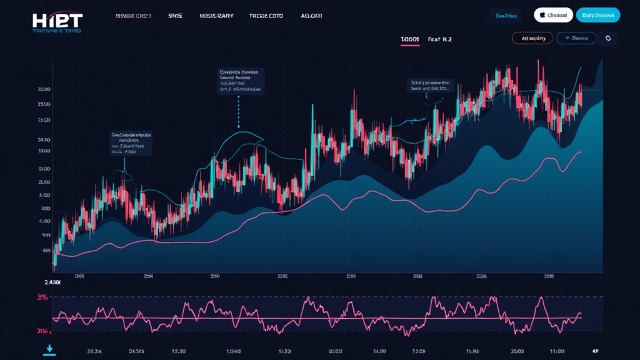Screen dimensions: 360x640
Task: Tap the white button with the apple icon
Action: (554, 15)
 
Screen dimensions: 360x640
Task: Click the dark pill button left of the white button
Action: (507, 15)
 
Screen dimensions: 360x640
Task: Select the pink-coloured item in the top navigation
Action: (133, 16)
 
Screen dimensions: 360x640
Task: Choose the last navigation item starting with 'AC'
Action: (311, 16)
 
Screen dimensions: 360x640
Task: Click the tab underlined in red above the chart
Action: (410, 39)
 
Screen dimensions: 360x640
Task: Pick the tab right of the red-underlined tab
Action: (440, 39)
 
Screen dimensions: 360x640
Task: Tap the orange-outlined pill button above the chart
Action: (532, 38)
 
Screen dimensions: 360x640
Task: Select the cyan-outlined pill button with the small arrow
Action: (576, 38)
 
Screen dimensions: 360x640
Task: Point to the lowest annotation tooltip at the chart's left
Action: (131, 143)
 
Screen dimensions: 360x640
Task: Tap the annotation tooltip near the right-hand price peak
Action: (431, 86)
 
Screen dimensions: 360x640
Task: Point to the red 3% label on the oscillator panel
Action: (43, 297)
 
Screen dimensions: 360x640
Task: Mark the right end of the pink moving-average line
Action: (581, 152)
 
